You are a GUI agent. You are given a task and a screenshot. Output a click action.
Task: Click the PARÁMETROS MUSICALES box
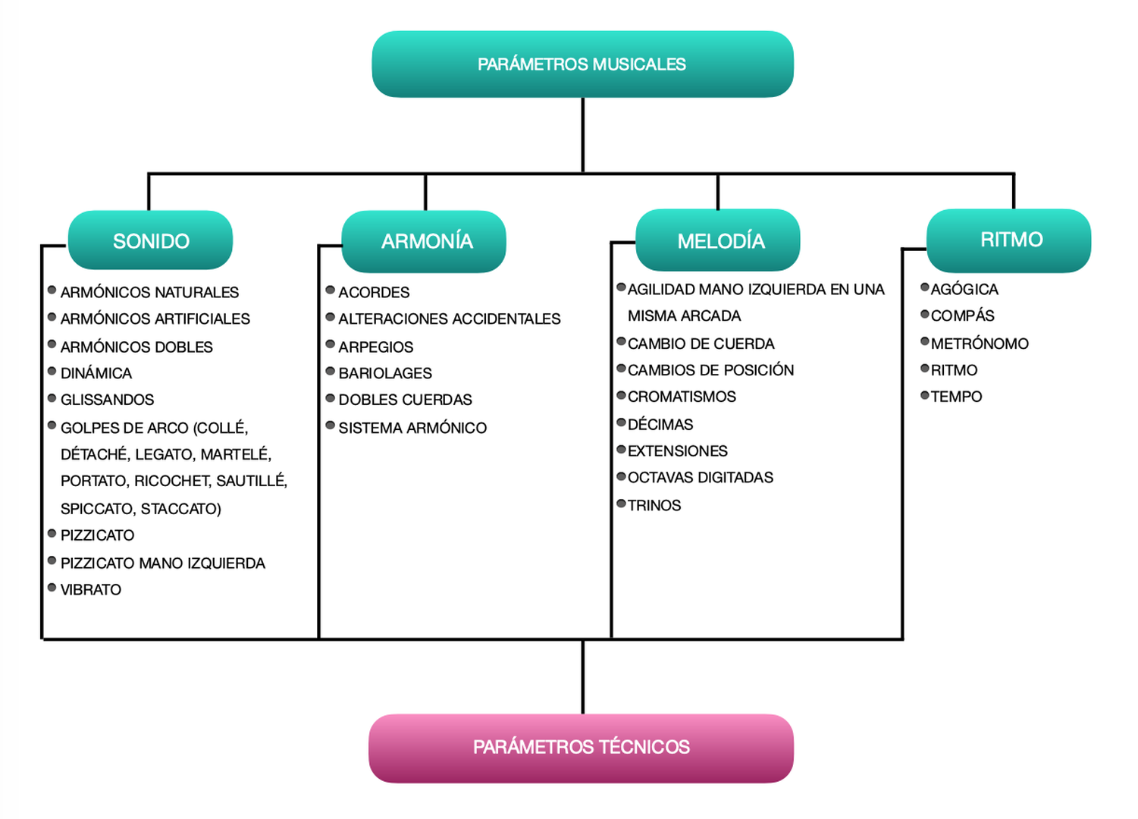click(x=582, y=64)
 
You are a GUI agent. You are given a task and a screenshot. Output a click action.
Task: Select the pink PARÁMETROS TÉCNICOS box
click(x=581, y=748)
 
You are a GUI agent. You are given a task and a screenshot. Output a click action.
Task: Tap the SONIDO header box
click(x=150, y=241)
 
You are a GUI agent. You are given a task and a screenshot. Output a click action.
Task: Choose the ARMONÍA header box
click(x=426, y=241)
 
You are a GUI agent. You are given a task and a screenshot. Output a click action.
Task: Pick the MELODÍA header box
click(x=720, y=241)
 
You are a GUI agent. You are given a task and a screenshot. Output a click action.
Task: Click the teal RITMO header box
click(x=1011, y=240)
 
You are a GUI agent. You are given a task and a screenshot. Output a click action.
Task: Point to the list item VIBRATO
click(x=91, y=590)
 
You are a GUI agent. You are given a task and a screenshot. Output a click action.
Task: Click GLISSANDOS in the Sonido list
click(x=107, y=400)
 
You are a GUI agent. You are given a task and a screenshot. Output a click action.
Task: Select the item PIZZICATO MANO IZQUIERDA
click(x=162, y=563)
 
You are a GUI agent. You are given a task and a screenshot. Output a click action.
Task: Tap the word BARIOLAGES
click(x=385, y=373)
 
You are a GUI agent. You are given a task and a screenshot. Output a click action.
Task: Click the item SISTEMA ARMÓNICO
click(x=412, y=428)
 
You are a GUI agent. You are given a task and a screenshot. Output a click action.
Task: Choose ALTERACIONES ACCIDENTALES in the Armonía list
click(x=449, y=319)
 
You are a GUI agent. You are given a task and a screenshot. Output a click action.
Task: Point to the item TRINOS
click(x=654, y=506)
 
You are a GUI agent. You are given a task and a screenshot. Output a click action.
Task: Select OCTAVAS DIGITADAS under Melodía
click(x=701, y=478)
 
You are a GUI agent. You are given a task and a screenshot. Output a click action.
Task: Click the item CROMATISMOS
click(x=682, y=397)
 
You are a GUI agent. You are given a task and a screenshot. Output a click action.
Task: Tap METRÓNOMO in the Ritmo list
click(x=980, y=344)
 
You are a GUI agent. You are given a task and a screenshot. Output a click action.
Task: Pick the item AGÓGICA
click(x=964, y=290)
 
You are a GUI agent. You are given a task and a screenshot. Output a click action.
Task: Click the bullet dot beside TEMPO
click(x=925, y=395)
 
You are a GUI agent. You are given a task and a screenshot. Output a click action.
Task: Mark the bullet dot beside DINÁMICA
click(x=52, y=372)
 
